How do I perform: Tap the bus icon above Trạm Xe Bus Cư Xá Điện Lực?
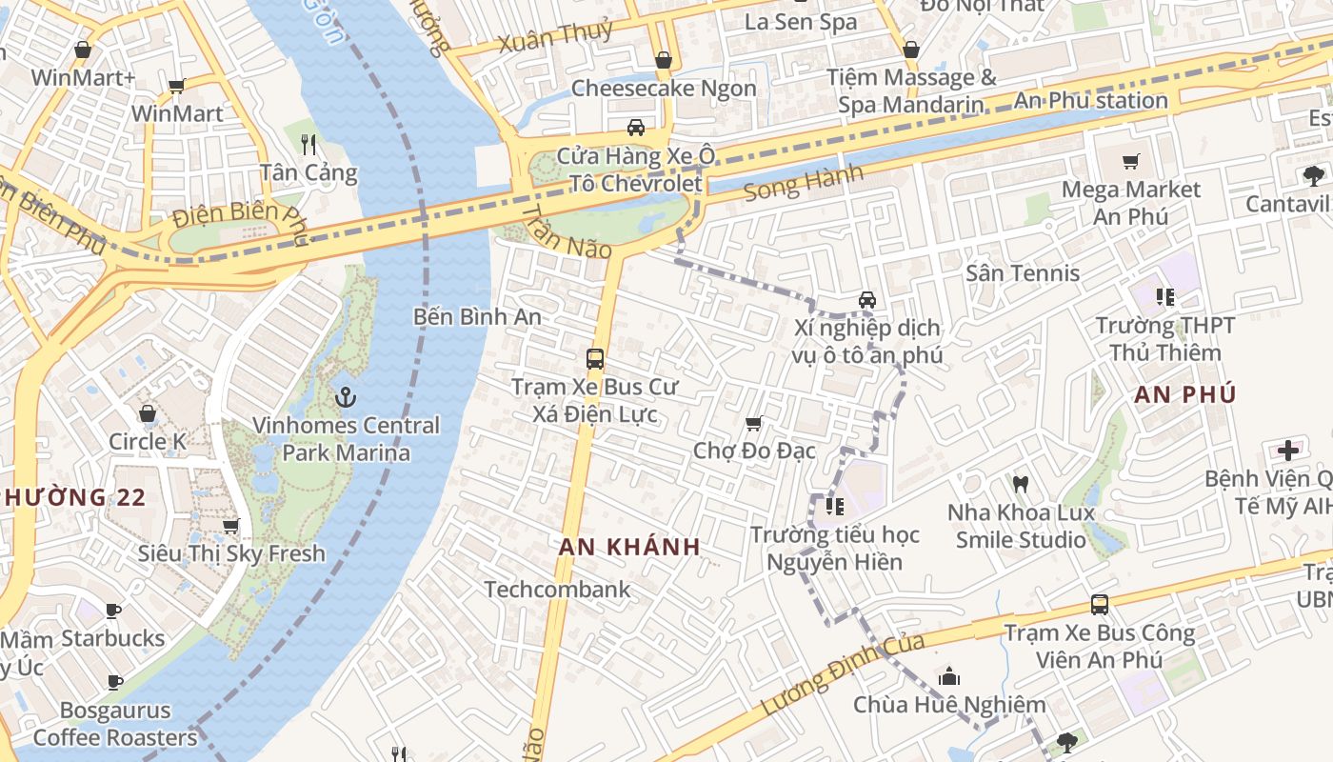pyautogui.click(x=595, y=359)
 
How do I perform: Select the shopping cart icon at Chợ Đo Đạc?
pyautogui.click(x=753, y=423)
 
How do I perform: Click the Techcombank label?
pyautogui.click(x=557, y=589)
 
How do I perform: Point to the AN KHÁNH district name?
pyautogui.click(x=629, y=547)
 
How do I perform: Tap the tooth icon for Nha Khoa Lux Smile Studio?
pyautogui.click(x=1021, y=485)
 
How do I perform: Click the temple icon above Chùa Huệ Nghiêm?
pyautogui.click(x=948, y=677)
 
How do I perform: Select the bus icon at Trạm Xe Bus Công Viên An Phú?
pyautogui.click(x=1099, y=605)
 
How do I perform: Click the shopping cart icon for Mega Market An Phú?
pyautogui.click(x=1131, y=162)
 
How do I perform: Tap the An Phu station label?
pyautogui.click(x=1090, y=100)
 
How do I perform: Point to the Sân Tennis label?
pyautogui.click(x=1023, y=273)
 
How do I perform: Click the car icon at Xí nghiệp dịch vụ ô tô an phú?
pyautogui.click(x=867, y=300)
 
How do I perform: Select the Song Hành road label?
pyautogui.click(x=803, y=181)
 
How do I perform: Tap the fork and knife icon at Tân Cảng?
pyautogui.click(x=308, y=144)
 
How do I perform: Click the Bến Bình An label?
pyautogui.click(x=477, y=316)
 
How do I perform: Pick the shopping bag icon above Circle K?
pyautogui.click(x=148, y=413)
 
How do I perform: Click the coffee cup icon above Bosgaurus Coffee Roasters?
pyautogui.click(x=115, y=682)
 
